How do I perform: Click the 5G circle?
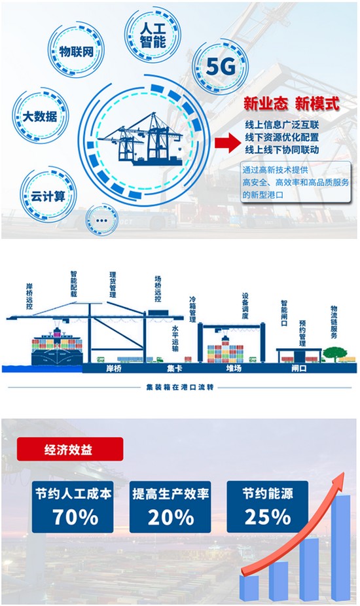220,67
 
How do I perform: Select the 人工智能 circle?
153,35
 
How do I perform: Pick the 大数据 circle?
40,116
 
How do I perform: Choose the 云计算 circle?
48,196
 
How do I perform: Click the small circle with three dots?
101,220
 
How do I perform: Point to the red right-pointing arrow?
228,143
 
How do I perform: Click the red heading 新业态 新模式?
291,103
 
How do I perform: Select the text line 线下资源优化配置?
282,137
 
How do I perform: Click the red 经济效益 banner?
70,449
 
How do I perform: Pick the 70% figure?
75,517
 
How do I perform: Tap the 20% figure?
171,517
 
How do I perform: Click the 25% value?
268,517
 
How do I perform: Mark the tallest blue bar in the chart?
340,547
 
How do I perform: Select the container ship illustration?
57,346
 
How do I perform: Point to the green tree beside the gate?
334,353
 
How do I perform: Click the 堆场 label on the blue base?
234,368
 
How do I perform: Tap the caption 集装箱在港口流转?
180,387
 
